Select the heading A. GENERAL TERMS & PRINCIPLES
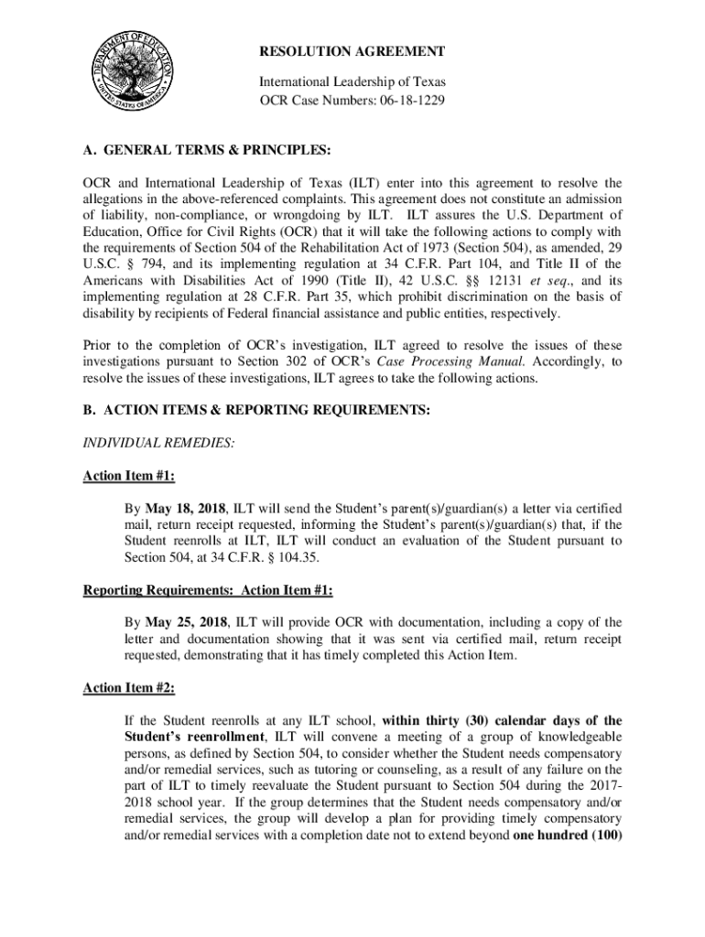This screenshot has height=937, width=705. click(206, 149)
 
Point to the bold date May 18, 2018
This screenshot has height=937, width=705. click(193, 508)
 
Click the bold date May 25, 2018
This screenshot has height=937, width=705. click(193, 622)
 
